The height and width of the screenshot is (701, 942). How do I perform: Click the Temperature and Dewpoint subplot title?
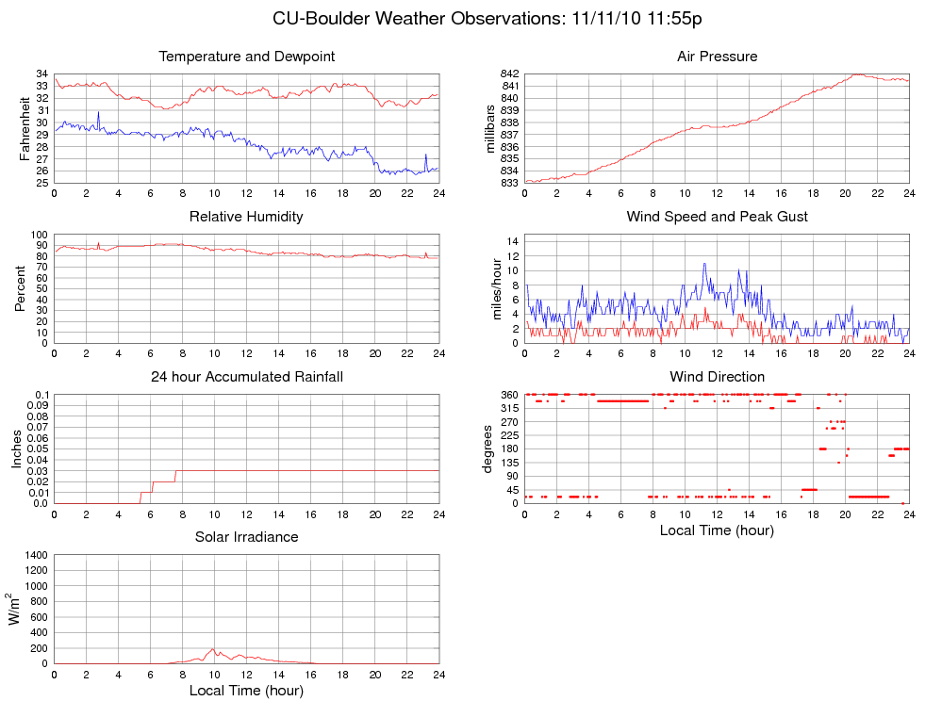coord(246,57)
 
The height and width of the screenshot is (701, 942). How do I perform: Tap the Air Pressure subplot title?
coord(717,57)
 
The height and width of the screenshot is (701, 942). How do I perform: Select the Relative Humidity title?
coord(246,217)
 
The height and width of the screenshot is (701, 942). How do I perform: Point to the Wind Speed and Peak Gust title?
coord(717,217)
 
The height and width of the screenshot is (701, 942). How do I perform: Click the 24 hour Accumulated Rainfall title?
coord(246,377)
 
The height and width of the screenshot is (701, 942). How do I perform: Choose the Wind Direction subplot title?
coord(717,377)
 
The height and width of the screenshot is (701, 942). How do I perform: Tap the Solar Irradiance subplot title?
coord(246,537)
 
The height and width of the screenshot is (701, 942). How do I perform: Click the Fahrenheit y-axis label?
coord(25,128)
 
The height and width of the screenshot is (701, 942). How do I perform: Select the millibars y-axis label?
coord(489,128)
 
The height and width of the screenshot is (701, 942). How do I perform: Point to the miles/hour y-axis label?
coord(497,288)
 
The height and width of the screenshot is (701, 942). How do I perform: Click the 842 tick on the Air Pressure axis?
coord(509,73)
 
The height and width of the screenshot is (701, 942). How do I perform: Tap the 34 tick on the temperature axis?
coord(43,73)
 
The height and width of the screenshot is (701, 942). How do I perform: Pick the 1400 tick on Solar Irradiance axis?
coord(35,555)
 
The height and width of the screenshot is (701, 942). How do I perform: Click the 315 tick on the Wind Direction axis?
coord(508,408)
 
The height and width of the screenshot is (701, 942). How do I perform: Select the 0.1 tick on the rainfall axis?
coord(41,395)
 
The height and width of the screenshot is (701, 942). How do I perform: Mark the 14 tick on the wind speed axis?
coord(513,241)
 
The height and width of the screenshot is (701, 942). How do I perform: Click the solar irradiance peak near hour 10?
coord(214,648)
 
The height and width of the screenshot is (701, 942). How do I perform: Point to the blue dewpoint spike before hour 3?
coord(98,112)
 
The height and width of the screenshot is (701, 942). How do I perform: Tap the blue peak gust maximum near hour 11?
coord(703,264)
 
